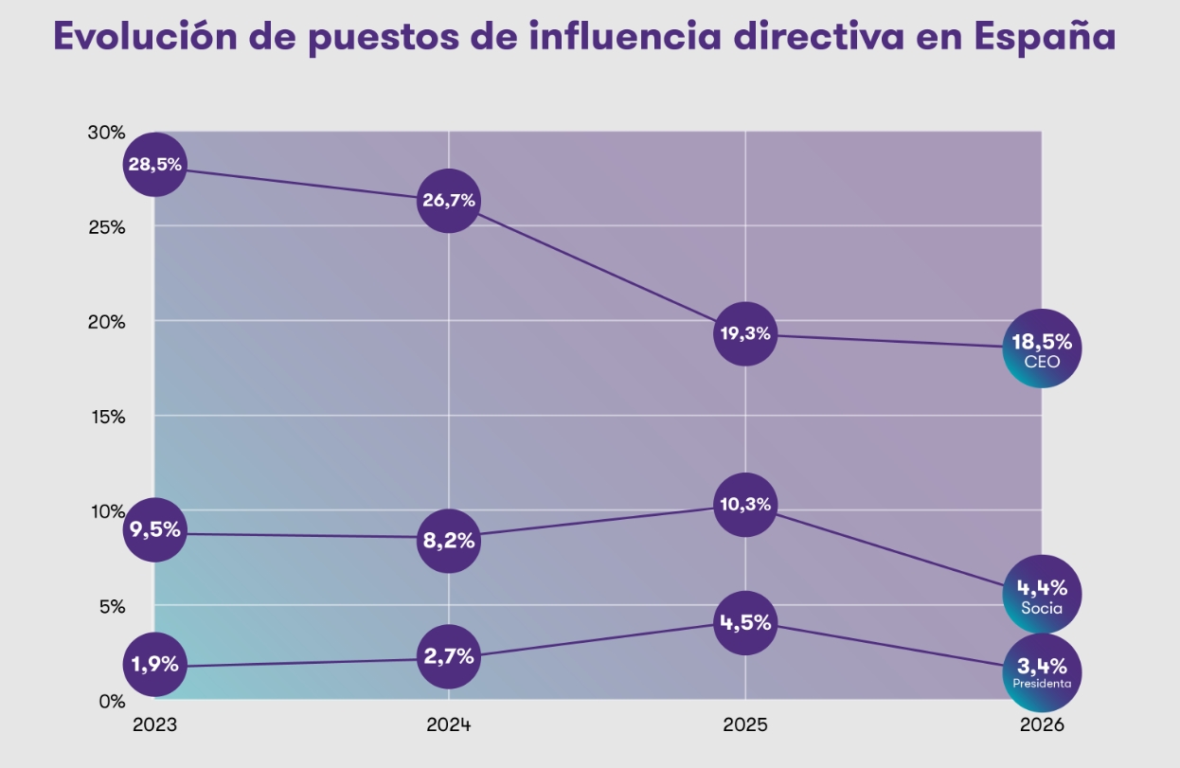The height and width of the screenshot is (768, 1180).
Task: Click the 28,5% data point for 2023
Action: tap(154, 165)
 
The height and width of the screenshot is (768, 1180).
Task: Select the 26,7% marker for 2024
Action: tap(449, 201)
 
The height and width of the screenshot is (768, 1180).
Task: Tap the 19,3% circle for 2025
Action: tap(744, 333)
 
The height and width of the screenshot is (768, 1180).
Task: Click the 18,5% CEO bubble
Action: tap(1041, 348)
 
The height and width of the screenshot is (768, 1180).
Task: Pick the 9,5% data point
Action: tap(154, 529)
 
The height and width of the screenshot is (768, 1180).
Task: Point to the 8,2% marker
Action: tap(449, 541)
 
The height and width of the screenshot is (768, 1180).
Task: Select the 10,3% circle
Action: tap(744, 505)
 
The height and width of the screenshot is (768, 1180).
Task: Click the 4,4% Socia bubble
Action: tap(1041, 594)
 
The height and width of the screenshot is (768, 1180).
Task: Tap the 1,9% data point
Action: tap(154, 664)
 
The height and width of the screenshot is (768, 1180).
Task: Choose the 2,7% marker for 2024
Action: tap(449, 656)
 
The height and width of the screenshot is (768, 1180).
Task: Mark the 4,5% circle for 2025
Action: tap(744, 622)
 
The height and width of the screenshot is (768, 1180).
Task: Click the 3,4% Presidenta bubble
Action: tap(1041, 672)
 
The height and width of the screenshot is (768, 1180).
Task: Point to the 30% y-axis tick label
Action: tap(106, 132)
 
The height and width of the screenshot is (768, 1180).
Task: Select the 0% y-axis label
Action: tap(111, 701)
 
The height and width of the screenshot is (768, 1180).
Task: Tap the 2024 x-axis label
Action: tap(449, 725)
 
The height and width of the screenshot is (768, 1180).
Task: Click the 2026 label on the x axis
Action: tap(1041, 725)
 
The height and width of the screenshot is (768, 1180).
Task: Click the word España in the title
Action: tap(1045, 37)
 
